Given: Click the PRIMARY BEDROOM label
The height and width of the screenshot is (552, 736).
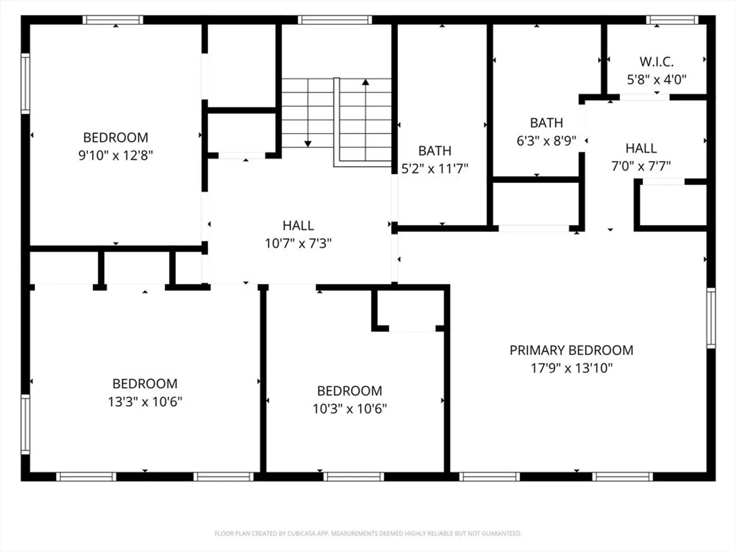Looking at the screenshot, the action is click(x=571, y=350).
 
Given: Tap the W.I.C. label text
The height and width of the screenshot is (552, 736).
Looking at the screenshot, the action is click(x=657, y=62).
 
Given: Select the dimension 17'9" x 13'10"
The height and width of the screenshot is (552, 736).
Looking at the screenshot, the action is click(x=571, y=368).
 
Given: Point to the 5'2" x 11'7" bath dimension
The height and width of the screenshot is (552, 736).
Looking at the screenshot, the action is click(x=434, y=169).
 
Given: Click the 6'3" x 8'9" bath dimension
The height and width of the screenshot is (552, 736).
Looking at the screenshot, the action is click(x=546, y=141).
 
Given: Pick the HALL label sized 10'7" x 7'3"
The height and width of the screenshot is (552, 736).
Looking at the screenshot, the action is click(x=298, y=225).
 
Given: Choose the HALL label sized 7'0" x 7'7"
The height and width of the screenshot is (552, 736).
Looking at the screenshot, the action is click(x=641, y=148).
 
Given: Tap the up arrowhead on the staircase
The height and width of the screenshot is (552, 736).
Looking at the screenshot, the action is click(x=365, y=82).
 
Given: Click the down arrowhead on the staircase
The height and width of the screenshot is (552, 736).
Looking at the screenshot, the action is click(x=308, y=144).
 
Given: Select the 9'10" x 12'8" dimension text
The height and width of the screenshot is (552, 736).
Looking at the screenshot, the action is click(x=116, y=155).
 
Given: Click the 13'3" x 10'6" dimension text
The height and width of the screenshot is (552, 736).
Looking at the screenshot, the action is click(x=145, y=402).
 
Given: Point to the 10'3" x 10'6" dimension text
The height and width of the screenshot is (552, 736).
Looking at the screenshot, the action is click(x=350, y=409).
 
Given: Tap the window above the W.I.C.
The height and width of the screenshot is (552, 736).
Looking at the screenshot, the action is click(x=672, y=20).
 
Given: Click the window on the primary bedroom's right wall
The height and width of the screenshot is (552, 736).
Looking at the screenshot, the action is click(x=711, y=318).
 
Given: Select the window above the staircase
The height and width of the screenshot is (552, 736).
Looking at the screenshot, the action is click(x=335, y=20).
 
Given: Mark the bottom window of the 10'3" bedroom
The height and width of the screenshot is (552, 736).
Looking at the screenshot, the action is click(x=354, y=476).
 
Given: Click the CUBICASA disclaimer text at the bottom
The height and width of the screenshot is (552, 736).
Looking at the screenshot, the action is click(x=368, y=533).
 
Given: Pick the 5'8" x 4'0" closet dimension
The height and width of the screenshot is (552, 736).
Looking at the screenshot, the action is click(x=657, y=80).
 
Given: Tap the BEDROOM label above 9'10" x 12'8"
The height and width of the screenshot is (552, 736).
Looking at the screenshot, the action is click(x=116, y=137).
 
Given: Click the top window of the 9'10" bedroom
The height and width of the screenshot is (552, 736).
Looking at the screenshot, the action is click(x=113, y=20).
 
